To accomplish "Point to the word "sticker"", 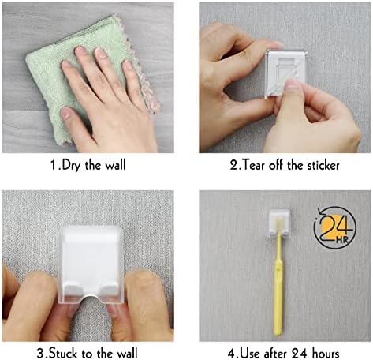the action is click(323, 165).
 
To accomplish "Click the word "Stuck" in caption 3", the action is click(64, 353).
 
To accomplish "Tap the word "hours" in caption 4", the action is click(325, 353).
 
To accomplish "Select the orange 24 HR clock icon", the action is click(335, 228).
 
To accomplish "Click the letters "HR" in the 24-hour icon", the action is click(342, 240).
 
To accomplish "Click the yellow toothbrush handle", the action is click(278, 284).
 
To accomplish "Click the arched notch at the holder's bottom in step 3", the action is click(91, 299).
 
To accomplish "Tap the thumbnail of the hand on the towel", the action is click(66, 113).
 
